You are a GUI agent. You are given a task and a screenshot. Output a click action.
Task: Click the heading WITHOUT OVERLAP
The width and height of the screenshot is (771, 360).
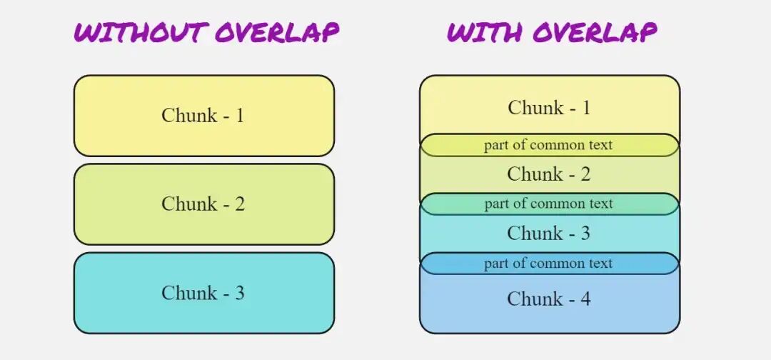[206, 33]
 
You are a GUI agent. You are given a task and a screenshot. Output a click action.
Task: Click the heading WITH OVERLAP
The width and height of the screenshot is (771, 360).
[552, 33]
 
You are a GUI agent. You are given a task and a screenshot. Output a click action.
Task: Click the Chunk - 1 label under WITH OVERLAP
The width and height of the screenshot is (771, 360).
[549, 108]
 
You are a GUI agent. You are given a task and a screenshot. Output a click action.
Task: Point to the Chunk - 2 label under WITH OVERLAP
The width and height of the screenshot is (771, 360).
[549, 174]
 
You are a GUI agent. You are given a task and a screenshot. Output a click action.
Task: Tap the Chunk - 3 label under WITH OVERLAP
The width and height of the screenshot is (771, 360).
[549, 233]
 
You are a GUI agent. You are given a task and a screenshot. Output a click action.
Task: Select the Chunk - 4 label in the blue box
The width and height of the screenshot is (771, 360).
[549, 299]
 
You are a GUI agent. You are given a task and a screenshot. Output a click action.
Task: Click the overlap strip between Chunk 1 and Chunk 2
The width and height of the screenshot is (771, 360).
[549, 145]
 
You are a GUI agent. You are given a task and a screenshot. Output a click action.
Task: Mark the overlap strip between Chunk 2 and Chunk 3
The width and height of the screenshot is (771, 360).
[549, 204]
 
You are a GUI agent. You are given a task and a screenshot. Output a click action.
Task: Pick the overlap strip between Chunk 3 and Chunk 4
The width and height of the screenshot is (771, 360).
[549, 264]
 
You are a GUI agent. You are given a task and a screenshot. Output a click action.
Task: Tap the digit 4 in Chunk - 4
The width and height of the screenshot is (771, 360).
[585, 299]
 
